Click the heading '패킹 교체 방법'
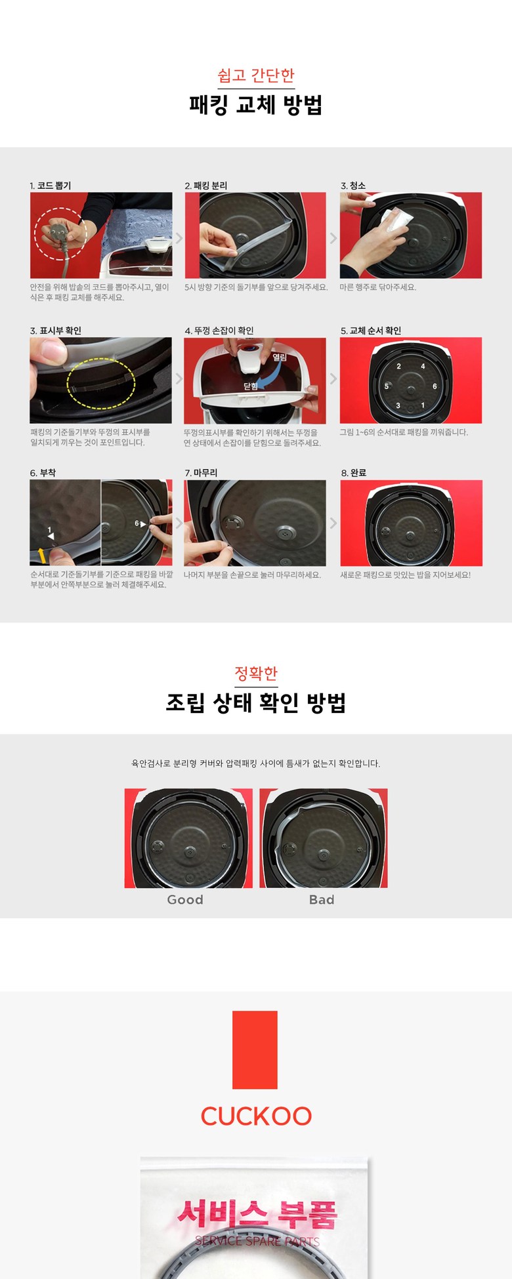[256, 104]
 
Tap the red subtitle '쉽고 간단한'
[256, 75]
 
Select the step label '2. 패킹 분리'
[206, 186]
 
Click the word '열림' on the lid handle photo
[280, 357]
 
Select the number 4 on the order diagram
[423, 366]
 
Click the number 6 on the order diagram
[435, 386]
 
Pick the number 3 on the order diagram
[398, 405]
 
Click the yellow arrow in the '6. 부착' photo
[42, 556]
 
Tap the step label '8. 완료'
[354, 473]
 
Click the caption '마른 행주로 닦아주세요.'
[378, 287]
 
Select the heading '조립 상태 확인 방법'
[256, 702]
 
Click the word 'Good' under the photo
[185, 900]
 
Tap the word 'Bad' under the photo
[322, 900]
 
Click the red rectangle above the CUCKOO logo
[255, 1050]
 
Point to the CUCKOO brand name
[256, 1116]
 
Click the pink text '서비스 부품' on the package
[257, 1215]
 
